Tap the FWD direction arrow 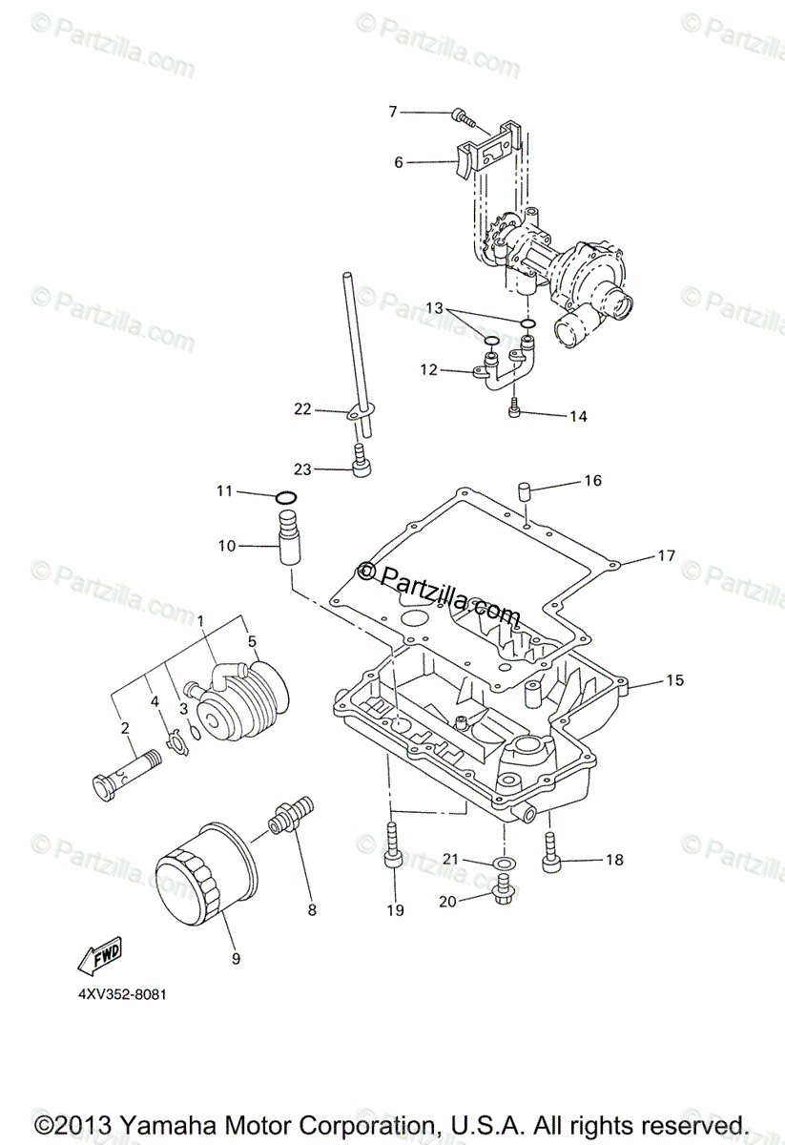pyautogui.click(x=99, y=953)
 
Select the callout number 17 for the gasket pyautogui.click(x=665, y=554)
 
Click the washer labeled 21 pyautogui.click(x=501, y=864)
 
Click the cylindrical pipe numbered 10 pyautogui.click(x=288, y=538)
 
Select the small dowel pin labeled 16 pyautogui.click(x=524, y=492)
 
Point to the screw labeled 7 pyautogui.click(x=463, y=117)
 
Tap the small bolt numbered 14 pyautogui.click(x=516, y=408)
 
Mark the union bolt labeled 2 pyautogui.click(x=111, y=773)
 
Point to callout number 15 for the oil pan pyautogui.click(x=674, y=680)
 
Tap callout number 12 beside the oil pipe pyautogui.click(x=427, y=368)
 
